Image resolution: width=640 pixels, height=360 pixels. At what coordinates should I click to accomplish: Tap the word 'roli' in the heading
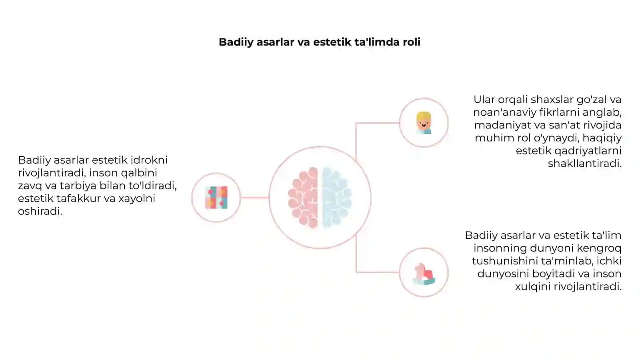click(x=412, y=42)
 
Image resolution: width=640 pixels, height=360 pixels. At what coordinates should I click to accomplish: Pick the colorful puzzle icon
click(x=216, y=198)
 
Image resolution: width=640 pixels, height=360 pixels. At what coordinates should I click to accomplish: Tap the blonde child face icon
click(x=424, y=123)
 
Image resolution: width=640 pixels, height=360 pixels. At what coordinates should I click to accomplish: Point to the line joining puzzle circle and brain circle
click(x=254, y=198)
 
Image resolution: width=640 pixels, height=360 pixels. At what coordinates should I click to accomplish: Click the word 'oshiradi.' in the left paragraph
click(x=40, y=212)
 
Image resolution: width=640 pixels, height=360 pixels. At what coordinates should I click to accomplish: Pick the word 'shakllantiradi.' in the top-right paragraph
click(x=584, y=164)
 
